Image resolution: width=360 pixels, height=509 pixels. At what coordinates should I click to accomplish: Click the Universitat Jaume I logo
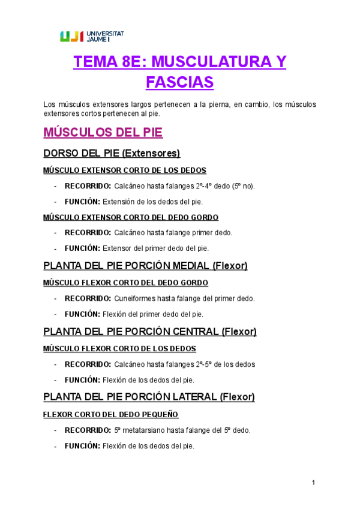(x=92, y=37)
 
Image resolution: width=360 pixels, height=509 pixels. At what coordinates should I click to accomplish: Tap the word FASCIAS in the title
(x=179, y=82)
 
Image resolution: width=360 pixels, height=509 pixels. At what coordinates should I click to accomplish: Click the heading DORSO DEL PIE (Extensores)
(x=112, y=153)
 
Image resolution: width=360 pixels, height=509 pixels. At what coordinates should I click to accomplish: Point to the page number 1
(x=313, y=483)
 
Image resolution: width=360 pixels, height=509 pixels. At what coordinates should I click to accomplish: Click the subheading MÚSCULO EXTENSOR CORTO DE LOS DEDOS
(x=125, y=170)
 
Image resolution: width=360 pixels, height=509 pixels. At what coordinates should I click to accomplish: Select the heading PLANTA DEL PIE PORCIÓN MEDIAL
(x=145, y=265)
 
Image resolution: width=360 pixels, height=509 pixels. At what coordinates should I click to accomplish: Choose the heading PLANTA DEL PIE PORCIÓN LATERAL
(x=149, y=397)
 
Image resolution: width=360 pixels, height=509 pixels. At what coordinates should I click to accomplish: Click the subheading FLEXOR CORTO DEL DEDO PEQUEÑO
(x=110, y=414)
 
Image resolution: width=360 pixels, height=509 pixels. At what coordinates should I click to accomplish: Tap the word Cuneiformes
(x=133, y=298)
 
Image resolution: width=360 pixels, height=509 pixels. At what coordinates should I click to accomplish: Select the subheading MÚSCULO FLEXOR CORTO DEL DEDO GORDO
(x=125, y=282)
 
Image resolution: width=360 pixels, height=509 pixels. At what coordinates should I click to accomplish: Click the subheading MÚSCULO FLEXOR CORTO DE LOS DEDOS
(x=119, y=348)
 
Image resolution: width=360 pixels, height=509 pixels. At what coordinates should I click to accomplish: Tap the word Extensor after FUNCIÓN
(x=117, y=248)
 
